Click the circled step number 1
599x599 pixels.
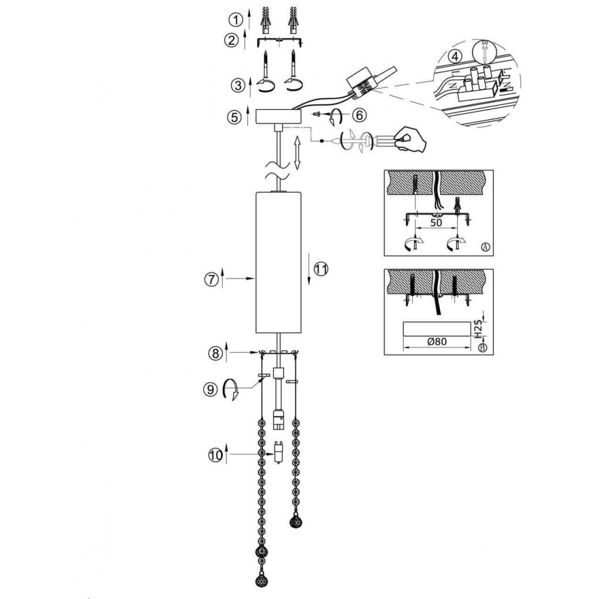click(235, 19)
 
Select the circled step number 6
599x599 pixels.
click(359, 114)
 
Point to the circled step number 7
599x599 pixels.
click(211, 279)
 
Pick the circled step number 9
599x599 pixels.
click(210, 390)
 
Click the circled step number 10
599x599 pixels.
click(216, 455)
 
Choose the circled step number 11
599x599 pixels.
click(320, 270)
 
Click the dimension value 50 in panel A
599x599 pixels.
click(436, 222)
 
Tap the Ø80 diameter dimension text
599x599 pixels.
click(437, 341)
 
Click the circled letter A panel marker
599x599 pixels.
click(485, 247)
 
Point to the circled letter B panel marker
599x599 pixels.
click(482, 347)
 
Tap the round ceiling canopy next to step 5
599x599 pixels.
click(278, 117)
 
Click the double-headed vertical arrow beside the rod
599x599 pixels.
click(297, 152)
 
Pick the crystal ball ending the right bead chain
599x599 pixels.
click(295, 521)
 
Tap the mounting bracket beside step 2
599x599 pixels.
click(280, 41)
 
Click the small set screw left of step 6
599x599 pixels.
click(316, 114)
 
